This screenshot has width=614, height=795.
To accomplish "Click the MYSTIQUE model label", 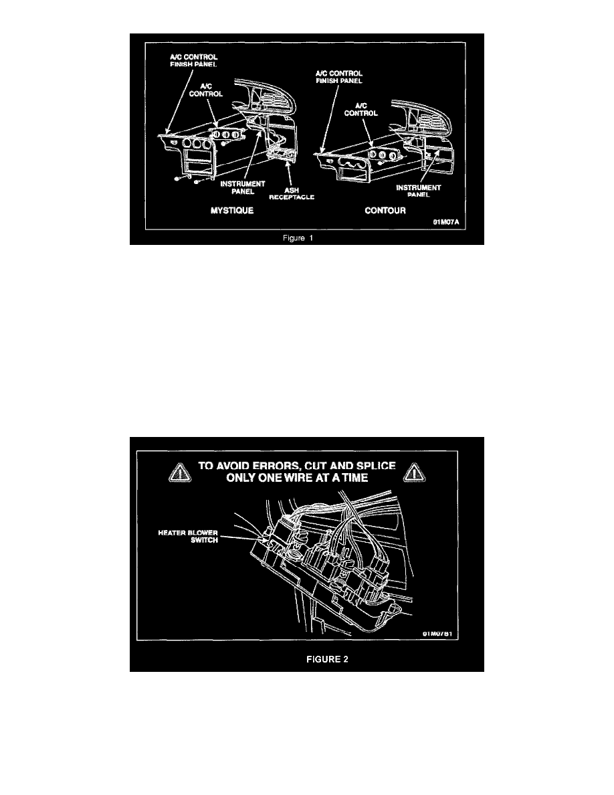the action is [x=232, y=210].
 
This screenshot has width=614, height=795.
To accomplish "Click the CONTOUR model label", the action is [x=385, y=210].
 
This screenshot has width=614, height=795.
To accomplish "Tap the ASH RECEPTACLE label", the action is [x=292, y=193].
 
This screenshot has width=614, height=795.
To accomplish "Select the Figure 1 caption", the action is [x=298, y=238].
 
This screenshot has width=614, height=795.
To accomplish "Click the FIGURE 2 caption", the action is [x=327, y=659].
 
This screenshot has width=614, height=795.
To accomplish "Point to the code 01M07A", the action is [x=446, y=222].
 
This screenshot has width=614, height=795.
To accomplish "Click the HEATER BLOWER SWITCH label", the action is [x=188, y=537].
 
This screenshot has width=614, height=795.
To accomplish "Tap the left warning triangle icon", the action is [x=180, y=472].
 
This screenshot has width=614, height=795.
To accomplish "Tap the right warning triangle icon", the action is [x=415, y=472].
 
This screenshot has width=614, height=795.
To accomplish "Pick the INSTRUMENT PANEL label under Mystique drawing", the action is [x=243, y=187].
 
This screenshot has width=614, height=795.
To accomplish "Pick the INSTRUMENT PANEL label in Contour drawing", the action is [x=419, y=191].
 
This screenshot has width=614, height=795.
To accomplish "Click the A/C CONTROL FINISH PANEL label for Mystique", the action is [x=193, y=61].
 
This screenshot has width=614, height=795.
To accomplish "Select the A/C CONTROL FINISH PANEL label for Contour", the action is [x=339, y=77].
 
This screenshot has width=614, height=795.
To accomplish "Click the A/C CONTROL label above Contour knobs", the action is [x=361, y=110].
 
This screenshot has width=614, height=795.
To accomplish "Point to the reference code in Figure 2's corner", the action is [x=437, y=634].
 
